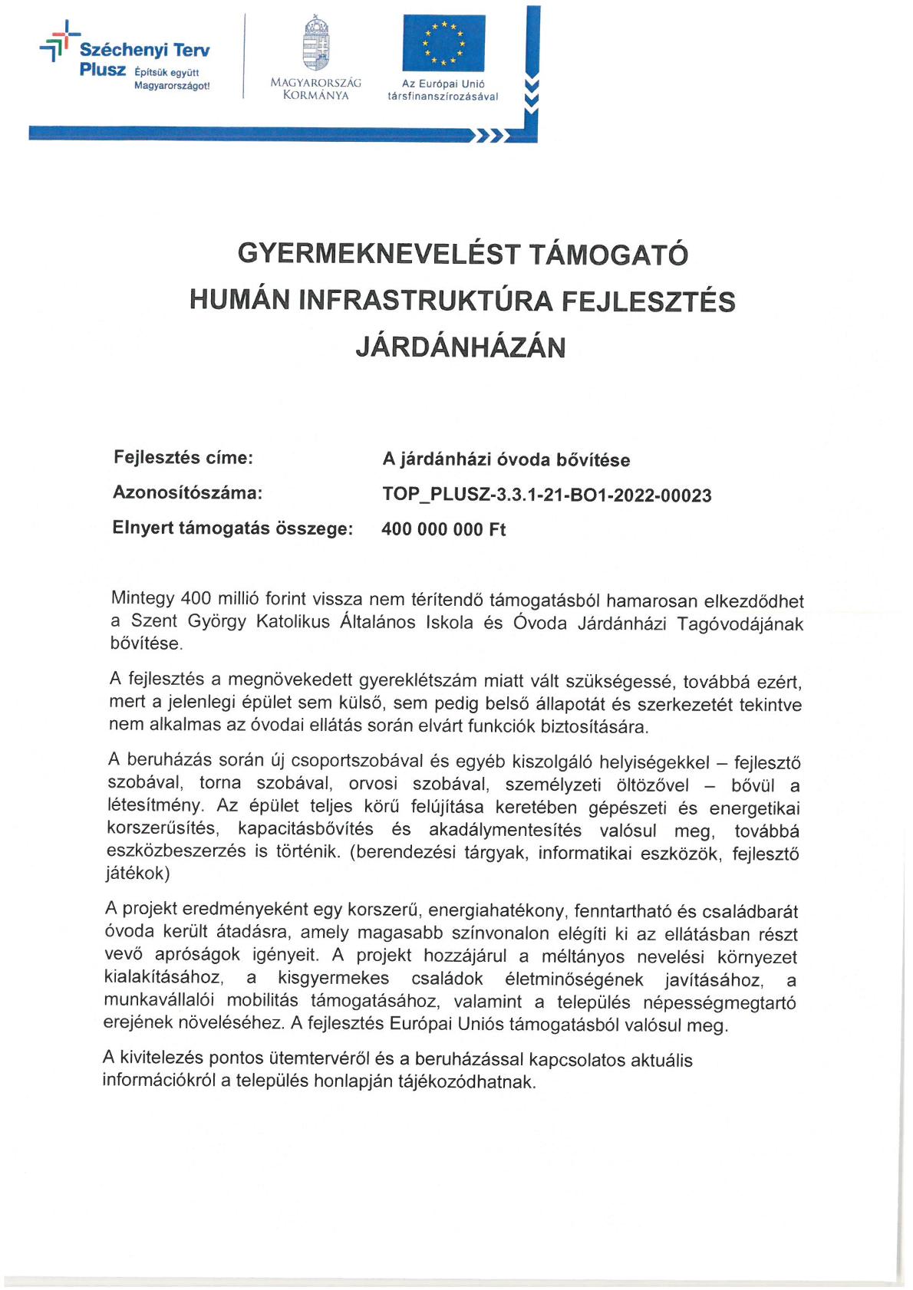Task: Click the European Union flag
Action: pos(443,44)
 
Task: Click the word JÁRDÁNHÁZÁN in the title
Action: pos(460,347)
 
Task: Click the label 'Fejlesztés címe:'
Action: pos(183,458)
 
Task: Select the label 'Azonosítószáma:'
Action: pos(187,493)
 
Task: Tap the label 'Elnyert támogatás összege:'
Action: pos(232,528)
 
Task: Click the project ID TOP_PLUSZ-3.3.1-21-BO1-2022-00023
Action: pos(546,495)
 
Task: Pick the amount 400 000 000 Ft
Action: pos(443,530)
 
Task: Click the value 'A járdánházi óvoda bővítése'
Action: pos(506,460)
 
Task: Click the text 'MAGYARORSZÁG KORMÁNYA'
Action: pos(315,89)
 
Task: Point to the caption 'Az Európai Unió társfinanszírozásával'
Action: pos(443,90)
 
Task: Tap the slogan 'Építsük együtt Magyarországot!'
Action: pos(171,79)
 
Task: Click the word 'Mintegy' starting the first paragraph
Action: pos(143,598)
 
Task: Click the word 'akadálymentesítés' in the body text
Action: pos(505,830)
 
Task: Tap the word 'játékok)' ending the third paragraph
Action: pos(137,873)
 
